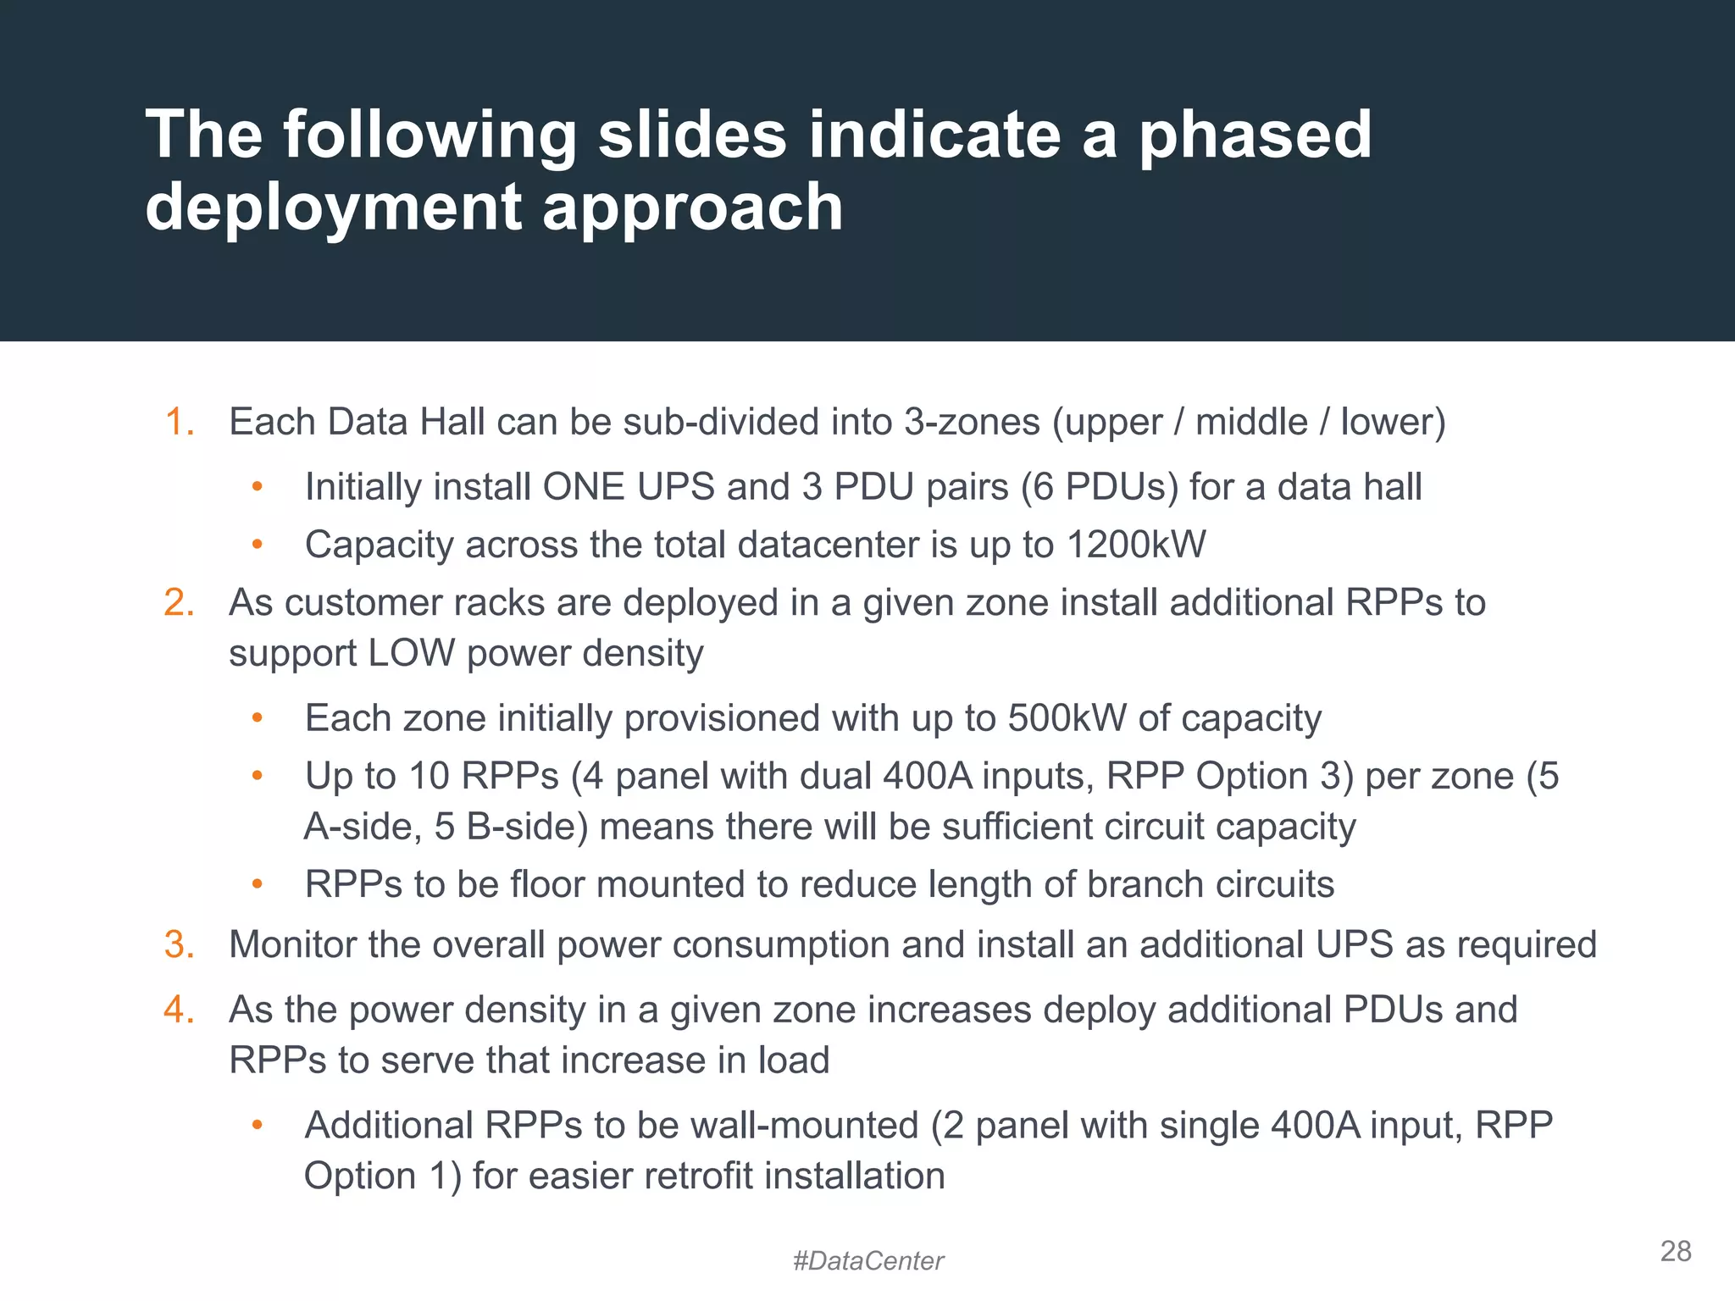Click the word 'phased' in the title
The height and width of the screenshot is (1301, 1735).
pyautogui.click(x=1255, y=136)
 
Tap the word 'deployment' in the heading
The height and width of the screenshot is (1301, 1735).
pyautogui.click(x=333, y=208)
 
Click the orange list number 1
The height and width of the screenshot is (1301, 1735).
pyautogui.click(x=180, y=422)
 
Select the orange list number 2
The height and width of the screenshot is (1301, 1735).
pyautogui.click(x=180, y=603)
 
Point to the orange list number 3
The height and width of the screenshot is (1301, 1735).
pyautogui.click(x=180, y=945)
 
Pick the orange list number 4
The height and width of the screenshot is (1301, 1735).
pyautogui.click(x=180, y=1010)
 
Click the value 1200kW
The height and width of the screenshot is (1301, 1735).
pyautogui.click(x=1136, y=545)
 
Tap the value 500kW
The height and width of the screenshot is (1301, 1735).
pyautogui.click(x=1067, y=718)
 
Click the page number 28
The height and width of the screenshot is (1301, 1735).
pyautogui.click(x=1676, y=1251)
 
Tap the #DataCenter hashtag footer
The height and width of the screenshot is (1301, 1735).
pyautogui.click(x=867, y=1261)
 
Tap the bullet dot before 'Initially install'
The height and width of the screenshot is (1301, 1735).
pyautogui.click(x=258, y=487)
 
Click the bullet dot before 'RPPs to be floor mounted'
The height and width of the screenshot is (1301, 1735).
pyautogui.click(x=258, y=885)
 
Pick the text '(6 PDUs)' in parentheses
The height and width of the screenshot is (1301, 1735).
pyautogui.click(x=1099, y=487)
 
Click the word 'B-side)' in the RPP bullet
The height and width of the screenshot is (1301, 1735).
pyautogui.click(x=527, y=827)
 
